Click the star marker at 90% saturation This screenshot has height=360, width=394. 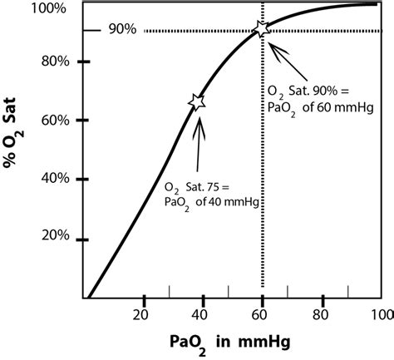click(263, 29)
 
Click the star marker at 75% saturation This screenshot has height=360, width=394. click(197, 101)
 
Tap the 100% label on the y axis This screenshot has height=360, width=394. click(52, 7)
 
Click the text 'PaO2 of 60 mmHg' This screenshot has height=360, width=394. click(319, 108)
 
